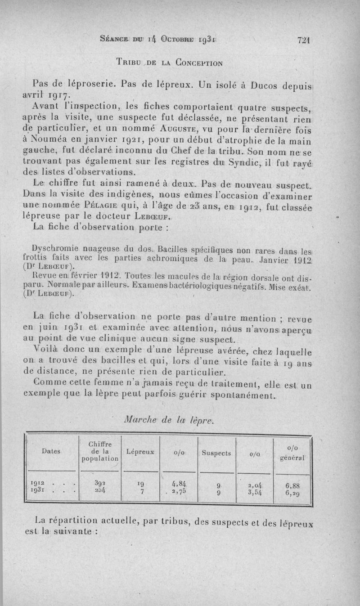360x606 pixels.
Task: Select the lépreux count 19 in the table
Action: pyautogui.click(x=141, y=485)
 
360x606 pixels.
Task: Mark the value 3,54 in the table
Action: pyautogui.click(x=255, y=492)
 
